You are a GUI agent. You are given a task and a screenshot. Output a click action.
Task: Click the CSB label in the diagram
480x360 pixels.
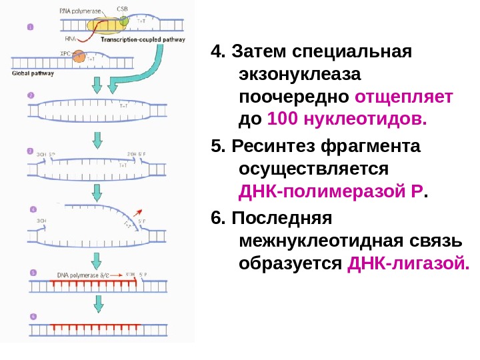(x=122, y=8)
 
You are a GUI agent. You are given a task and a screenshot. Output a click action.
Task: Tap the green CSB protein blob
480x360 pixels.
(x=124, y=21)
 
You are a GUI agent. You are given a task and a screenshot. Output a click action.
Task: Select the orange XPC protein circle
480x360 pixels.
(x=79, y=57)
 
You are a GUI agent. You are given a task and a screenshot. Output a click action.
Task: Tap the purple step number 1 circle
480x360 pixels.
(x=30, y=27)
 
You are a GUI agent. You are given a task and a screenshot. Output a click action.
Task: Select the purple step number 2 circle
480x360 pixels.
(x=30, y=95)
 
